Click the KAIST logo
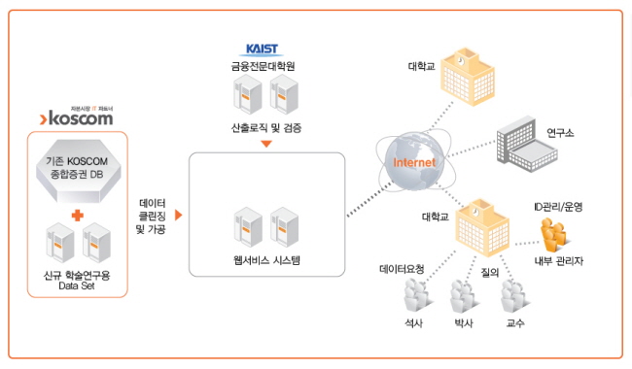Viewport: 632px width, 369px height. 264,49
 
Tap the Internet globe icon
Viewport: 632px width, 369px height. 412,161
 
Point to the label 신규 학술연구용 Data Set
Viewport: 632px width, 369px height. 77,280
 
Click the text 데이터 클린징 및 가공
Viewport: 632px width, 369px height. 153,216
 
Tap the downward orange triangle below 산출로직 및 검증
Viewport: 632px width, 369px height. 266,144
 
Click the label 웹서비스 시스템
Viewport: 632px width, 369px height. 266,259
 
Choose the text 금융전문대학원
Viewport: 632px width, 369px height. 264,66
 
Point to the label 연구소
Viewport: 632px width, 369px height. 559,132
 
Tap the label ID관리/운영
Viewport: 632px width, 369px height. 559,206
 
